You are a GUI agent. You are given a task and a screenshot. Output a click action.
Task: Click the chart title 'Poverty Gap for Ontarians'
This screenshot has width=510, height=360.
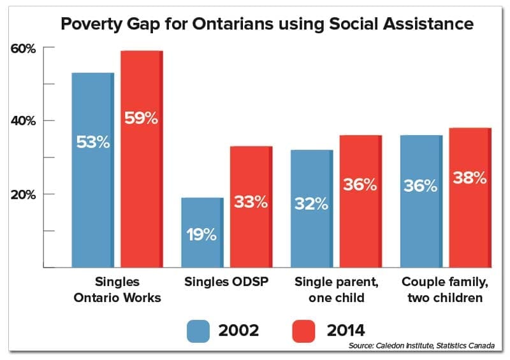266,24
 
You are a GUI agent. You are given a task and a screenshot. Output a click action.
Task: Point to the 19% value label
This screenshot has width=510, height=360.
201,234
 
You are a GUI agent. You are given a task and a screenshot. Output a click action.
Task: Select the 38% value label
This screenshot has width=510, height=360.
470,178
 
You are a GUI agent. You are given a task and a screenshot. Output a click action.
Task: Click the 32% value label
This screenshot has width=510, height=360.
311,204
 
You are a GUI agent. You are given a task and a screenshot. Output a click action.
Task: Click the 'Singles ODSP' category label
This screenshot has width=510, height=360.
226,281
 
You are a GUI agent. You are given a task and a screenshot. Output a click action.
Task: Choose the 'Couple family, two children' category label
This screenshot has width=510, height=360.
445,288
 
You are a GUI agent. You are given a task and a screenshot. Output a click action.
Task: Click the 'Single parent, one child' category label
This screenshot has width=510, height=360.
335,288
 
